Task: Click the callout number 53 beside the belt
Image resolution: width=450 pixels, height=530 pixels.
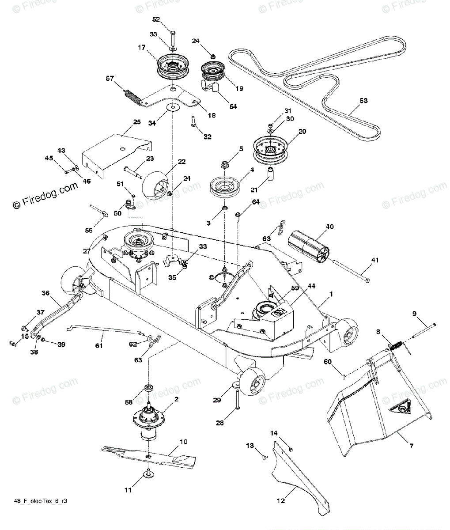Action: click(363, 101)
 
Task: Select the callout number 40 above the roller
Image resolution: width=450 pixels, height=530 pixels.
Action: click(329, 227)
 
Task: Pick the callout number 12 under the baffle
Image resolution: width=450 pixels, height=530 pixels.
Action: click(281, 500)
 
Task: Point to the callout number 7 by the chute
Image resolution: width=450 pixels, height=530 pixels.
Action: click(411, 447)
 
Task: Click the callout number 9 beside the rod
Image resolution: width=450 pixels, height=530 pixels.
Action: click(414, 314)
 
